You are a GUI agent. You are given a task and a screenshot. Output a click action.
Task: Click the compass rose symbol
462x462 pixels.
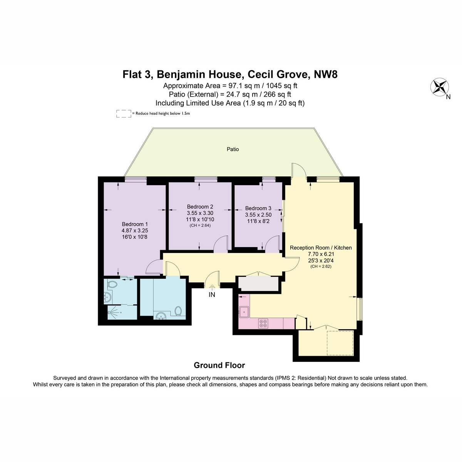439,87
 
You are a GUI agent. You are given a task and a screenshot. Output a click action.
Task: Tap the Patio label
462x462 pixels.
233,149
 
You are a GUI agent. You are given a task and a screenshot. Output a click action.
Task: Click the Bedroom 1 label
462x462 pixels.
135,224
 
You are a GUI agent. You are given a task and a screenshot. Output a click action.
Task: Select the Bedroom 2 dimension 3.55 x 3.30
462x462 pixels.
200,213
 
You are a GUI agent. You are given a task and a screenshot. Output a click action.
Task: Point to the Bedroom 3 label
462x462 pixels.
258,208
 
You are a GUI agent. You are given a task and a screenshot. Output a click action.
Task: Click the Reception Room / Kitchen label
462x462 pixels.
321,248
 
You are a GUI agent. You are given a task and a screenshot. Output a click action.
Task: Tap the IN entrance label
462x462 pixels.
212,295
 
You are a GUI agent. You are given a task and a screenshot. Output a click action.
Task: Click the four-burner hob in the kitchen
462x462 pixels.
263,323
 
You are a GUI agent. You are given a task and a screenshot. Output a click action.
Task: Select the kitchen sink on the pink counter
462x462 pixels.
244,312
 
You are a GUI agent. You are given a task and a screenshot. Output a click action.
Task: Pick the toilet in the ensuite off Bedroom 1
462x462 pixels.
112,285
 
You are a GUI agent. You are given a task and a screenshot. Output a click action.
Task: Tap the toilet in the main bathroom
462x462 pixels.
178,311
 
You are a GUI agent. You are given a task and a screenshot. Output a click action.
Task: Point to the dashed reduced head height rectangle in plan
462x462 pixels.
340,343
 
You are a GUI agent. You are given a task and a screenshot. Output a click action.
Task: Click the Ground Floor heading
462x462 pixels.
219,365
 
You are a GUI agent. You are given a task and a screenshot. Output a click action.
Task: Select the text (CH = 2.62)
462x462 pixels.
321,266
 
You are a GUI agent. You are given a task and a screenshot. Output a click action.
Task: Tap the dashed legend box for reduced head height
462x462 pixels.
124,114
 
